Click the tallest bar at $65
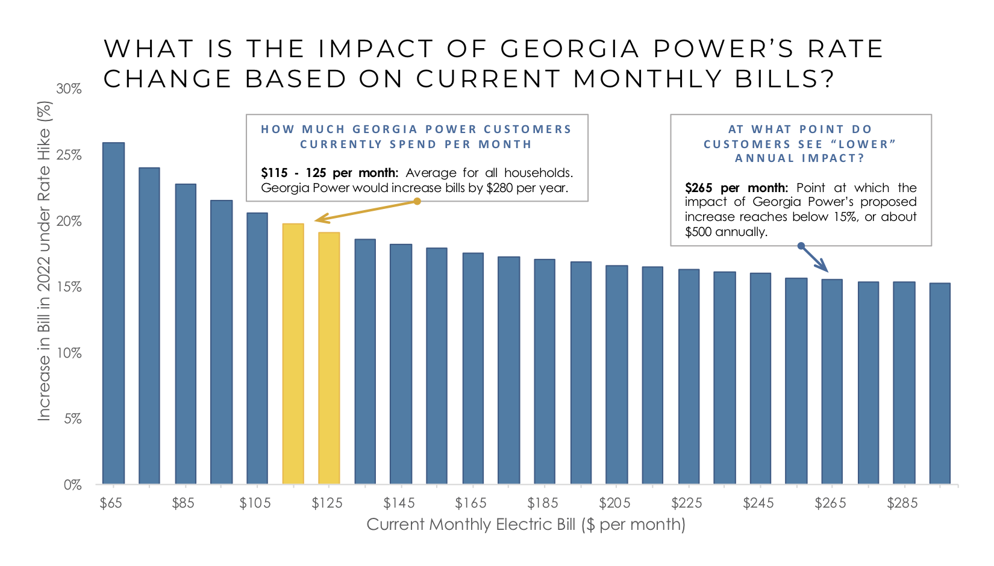(113, 313)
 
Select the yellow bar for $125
(329, 358)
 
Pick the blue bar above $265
(832, 382)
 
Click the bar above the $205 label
(616, 375)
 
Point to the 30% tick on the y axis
(69, 89)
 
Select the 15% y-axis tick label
(69, 287)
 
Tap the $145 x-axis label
(399, 503)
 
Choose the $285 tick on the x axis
(902, 503)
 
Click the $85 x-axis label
(183, 503)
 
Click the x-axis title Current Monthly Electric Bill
(525, 524)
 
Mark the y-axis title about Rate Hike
(45, 261)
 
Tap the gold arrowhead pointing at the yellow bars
(319, 219)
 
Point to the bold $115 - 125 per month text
(329, 173)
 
